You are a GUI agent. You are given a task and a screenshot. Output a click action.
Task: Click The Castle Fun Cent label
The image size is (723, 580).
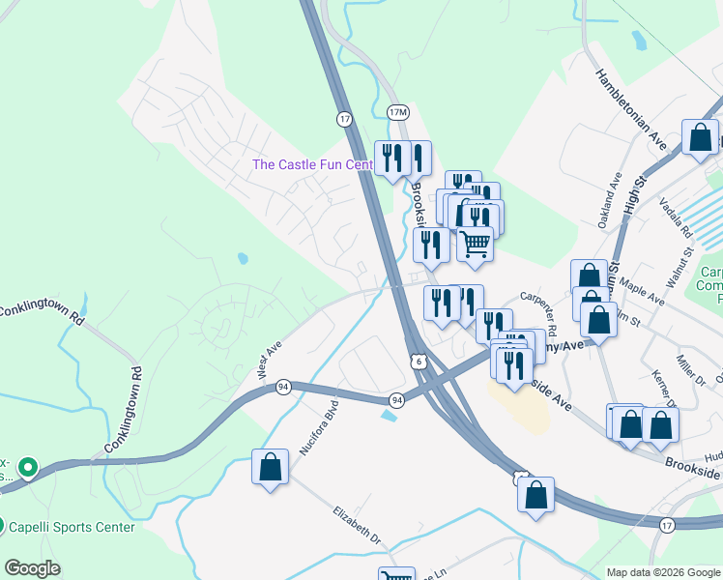(x=312, y=164)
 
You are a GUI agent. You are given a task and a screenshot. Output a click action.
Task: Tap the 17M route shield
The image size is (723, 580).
(x=397, y=112)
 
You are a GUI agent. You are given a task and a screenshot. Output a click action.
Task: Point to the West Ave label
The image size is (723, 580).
(x=268, y=358)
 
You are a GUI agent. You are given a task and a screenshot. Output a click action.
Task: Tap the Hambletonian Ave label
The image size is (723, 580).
(x=632, y=108)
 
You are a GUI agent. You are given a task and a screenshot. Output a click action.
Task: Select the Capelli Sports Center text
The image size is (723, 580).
(x=72, y=527)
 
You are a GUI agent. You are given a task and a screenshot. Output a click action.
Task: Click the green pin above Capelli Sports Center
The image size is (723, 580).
(x=28, y=469)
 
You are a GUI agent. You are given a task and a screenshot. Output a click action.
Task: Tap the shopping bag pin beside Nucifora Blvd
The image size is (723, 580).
(x=271, y=468)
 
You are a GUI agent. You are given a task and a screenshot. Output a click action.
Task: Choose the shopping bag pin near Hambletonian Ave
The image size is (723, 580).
(x=699, y=138)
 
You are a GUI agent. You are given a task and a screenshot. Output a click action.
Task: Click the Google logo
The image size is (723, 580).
(x=32, y=568)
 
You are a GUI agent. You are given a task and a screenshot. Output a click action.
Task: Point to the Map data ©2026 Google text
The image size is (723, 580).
(x=663, y=572)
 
